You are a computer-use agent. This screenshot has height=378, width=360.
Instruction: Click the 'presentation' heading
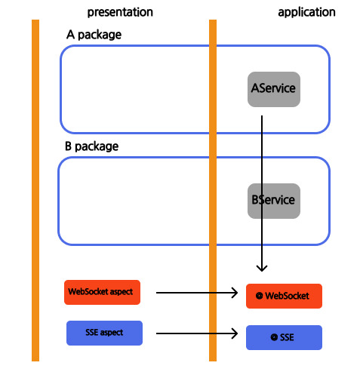[120, 12]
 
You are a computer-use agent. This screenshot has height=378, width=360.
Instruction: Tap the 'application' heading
[306, 12]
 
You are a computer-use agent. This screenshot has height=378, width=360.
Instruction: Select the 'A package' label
[94, 35]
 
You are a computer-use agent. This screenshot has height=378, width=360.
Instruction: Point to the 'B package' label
[91, 146]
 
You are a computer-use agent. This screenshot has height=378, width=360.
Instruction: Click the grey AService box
[274, 89]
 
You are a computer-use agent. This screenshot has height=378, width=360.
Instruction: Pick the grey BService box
[274, 201]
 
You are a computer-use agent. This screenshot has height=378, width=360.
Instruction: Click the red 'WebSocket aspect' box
[102, 292]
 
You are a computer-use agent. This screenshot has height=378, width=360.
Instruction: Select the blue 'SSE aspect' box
[104, 333]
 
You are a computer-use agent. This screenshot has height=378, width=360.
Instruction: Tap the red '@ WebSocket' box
[284, 296]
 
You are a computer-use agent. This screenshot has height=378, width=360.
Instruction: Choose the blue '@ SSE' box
[284, 337]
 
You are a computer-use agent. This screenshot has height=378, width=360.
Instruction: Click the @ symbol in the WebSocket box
[259, 296]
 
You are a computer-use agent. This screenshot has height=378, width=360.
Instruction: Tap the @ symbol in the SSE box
[274, 337]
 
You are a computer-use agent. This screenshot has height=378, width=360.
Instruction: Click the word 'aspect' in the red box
[122, 292]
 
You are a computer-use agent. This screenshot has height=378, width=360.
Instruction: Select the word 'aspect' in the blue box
[112, 333]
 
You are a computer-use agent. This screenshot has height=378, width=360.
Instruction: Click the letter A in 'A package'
[70, 35]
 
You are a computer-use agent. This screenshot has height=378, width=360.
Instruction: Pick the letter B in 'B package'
[68, 146]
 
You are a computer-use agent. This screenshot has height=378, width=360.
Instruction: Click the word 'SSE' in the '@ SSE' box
[287, 337]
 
